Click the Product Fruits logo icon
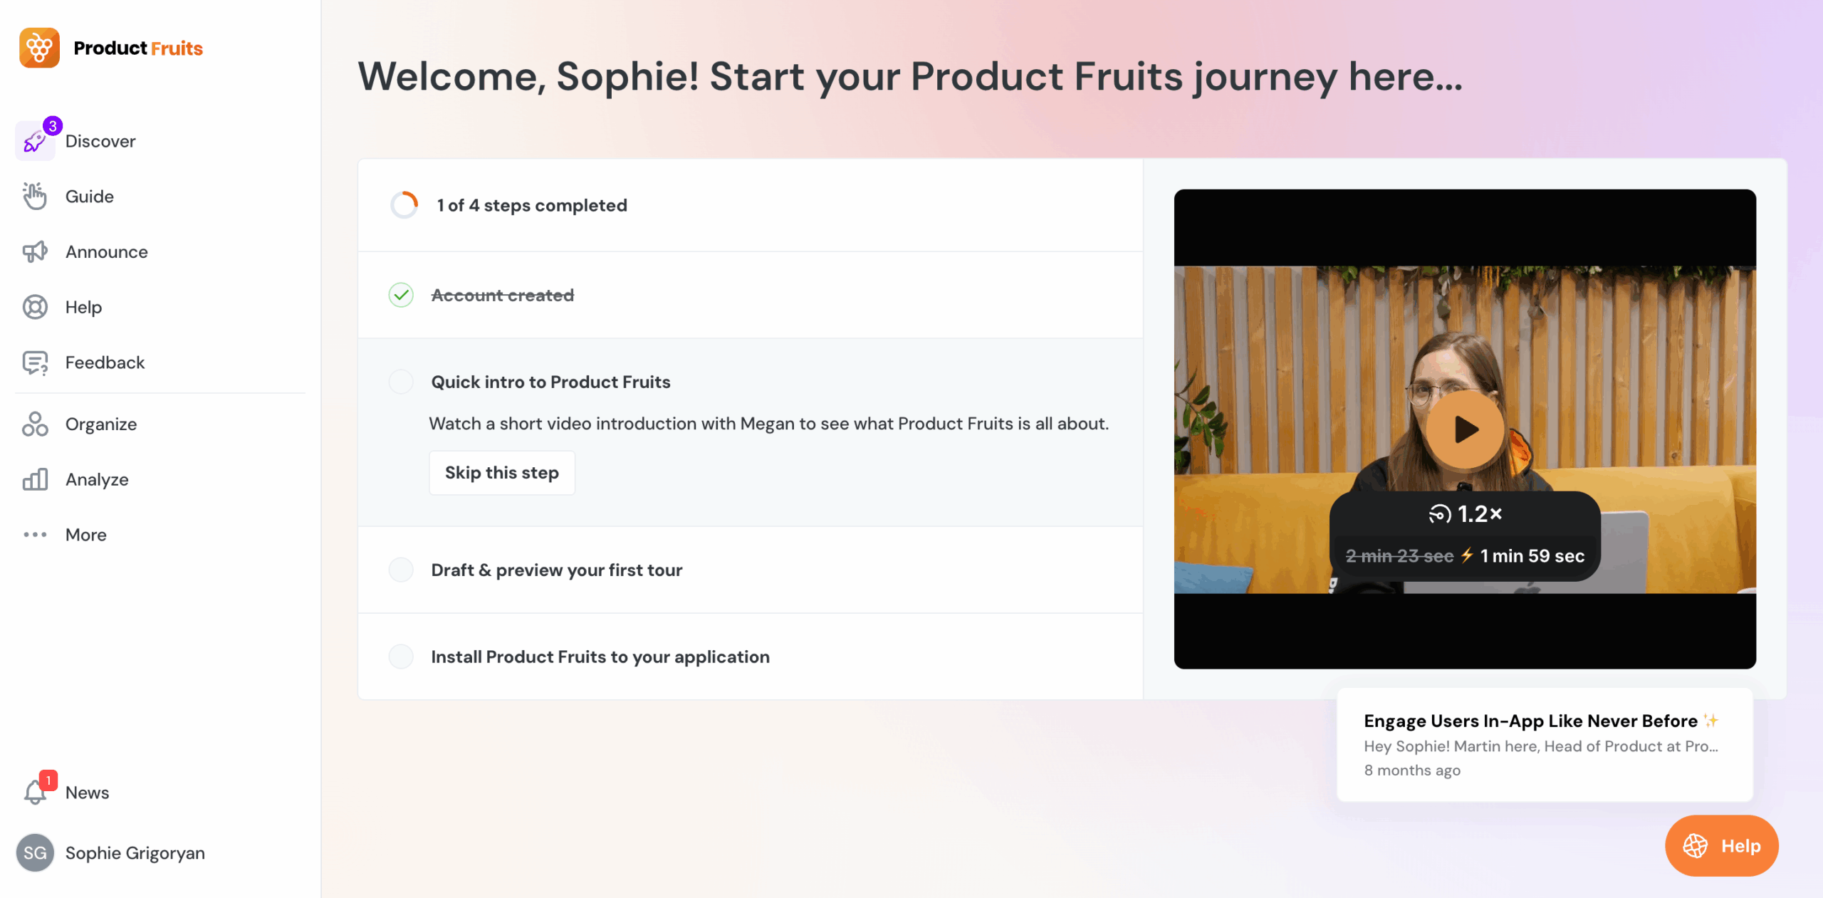pyautogui.click(x=39, y=48)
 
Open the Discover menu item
pyautogui.click(x=100, y=141)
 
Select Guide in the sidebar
pyautogui.click(x=89, y=197)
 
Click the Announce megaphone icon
pyautogui.click(x=35, y=251)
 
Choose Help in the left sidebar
pyautogui.click(x=83, y=307)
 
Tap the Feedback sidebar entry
pyautogui.click(x=105, y=362)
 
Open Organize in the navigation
pyautogui.click(x=100, y=424)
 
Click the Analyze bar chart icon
pyautogui.click(x=35, y=479)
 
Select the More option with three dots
pyautogui.click(x=85, y=535)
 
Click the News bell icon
pyautogui.click(x=35, y=792)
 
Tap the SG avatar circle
pyautogui.click(x=35, y=852)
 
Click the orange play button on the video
pyautogui.click(x=1464, y=429)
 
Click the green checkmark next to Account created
pyautogui.click(x=401, y=295)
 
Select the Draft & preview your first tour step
pyautogui.click(x=556, y=570)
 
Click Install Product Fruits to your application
pyautogui.click(x=600, y=657)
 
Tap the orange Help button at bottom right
pyautogui.click(x=1721, y=845)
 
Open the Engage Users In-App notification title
pyautogui.click(x=1530, y=721)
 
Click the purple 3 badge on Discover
pyautogui.click(x=53, y=126)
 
